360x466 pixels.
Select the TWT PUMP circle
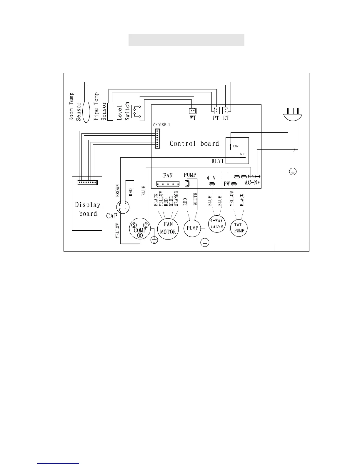pyautogui.click(x=239, y=228)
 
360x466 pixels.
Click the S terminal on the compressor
pyautogui.click(x=134, y=225)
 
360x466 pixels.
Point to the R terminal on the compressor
pyautogui.click(x=140, y=235)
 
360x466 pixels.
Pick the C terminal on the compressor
pyautogui.click(x=146, y=225)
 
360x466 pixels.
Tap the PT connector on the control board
pyautogui.click(x=216, y=110)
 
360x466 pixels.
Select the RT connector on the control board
pyautogui.click(x=225, y=110)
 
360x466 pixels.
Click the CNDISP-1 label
pyautogui.click(x=161, y=125)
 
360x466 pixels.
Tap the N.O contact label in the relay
pyautogui.click(x=243, y=154)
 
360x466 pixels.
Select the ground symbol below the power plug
pyautogui.click(x=293, y=171)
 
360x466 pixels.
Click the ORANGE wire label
pyautogui.click(x=176, y=200)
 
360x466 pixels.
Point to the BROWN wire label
pyautogui.click(x=118, y=191)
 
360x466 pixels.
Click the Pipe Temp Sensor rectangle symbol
pyautogui.click(x=110, y=111)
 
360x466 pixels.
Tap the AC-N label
pyautogui.click(x=252, y=183)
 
